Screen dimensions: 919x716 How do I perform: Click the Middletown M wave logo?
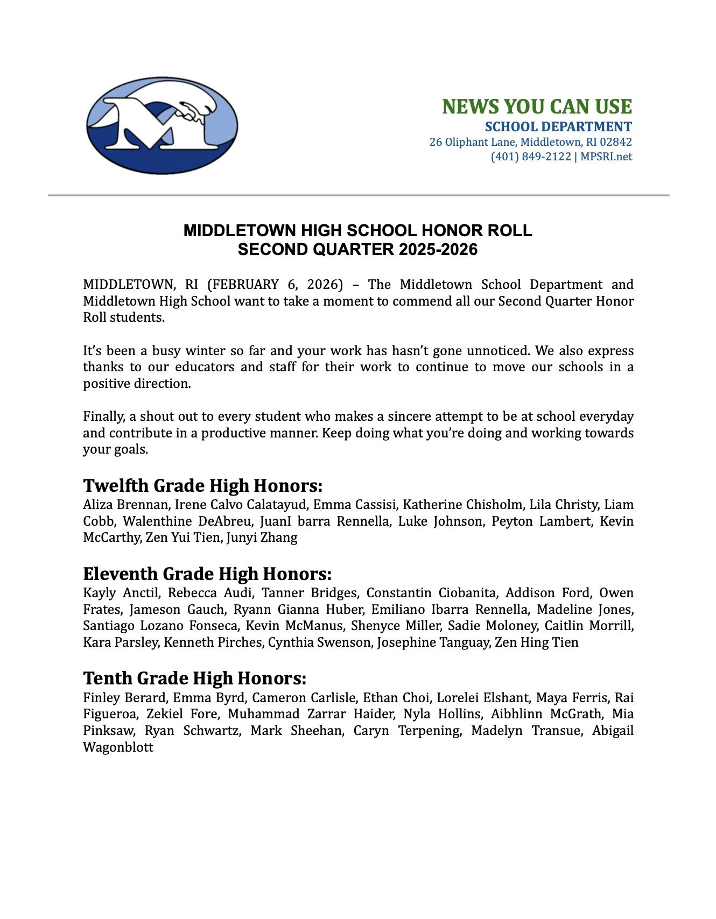(x=162, y=125)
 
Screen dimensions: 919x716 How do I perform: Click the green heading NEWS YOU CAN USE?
(x=537, y=107)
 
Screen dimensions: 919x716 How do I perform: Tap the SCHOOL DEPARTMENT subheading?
(x=558, y=127)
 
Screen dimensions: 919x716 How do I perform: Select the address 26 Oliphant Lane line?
(x=530, y=142)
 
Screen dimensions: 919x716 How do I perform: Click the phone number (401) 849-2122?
(x=530, y=157)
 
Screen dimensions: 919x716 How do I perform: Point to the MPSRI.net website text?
(x=606, y=157)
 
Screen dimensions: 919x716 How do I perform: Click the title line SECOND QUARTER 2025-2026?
(x=357, y=250)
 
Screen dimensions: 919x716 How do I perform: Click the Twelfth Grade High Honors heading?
(x=202, y=485)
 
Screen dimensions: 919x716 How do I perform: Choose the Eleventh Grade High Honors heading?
(x=207, y=574)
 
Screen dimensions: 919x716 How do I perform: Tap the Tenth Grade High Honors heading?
(x=194, y=678)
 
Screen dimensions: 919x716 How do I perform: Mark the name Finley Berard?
(x=124, y=698)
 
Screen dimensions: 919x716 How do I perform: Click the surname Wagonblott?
(x=118, y=747)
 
